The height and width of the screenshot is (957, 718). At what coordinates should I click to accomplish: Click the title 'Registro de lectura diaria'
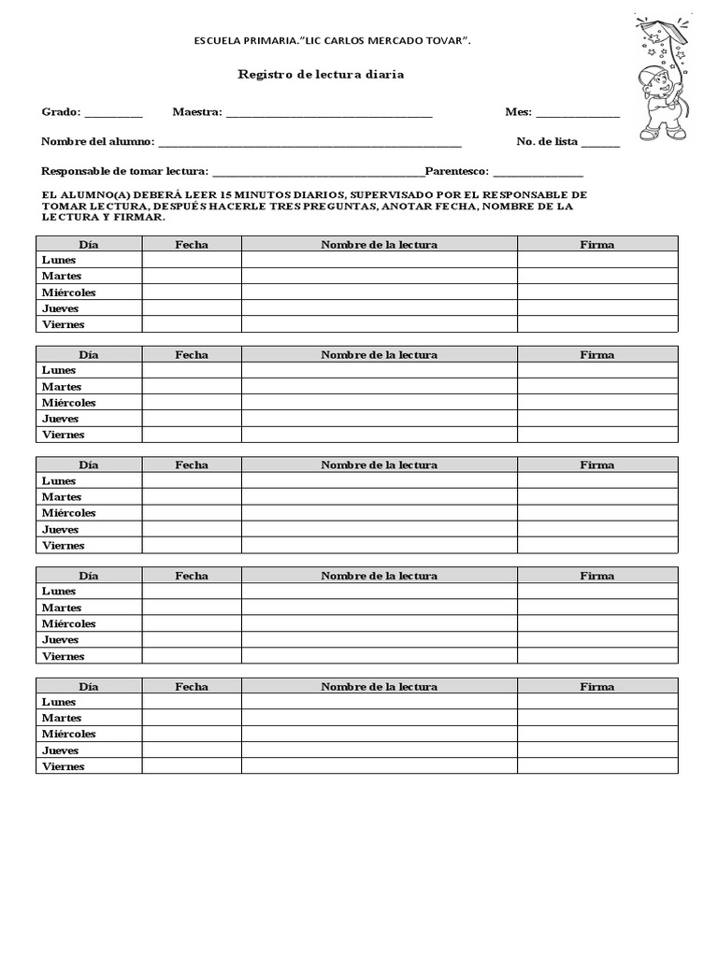click(x=321, y=74)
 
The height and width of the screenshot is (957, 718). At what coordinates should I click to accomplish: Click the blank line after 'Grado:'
click(x=113, y=114)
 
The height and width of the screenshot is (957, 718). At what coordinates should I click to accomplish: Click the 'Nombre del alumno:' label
click(x=98, y=142)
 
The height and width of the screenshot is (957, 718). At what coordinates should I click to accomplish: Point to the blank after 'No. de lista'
click(x=600, y=144)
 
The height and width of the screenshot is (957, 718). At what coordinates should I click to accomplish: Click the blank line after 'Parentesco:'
click(x=538, y=173)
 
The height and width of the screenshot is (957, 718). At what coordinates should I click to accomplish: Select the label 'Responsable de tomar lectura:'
click(x=125, y=172)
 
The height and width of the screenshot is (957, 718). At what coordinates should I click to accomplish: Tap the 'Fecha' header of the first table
click(x=192, y=244)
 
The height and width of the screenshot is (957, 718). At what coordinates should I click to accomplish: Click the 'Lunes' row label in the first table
click(x=59, y=260)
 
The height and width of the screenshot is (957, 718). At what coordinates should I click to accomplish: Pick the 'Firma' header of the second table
click(x=596, y=354)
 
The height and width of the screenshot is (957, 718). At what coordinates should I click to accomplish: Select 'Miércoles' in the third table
click(x=68, y=513)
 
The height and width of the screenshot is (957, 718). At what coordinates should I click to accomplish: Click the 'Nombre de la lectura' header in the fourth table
click(x=379, y=576)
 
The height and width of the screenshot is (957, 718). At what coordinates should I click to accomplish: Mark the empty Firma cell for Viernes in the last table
click(x=597, y=766)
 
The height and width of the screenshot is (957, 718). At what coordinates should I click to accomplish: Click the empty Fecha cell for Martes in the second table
click(x=192, y=386)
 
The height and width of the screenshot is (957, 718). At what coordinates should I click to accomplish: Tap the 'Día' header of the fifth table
click(x=89, y=686)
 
